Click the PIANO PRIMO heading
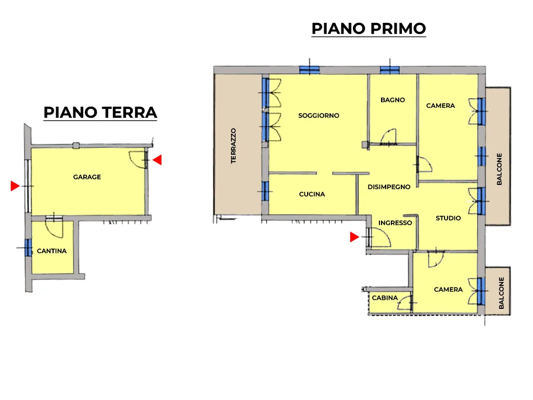(x=369, y=29)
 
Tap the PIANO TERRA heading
(x=100, y=113)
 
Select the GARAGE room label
(x=87, y=177)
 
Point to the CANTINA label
(x=52, y=251)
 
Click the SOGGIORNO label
(x=319, y=116)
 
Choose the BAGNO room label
(x=392, y=100)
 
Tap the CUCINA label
(x=312, y=194)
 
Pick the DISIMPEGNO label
(x=389, y=187)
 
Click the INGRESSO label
(x=395, y=223)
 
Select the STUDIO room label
(x=448, y=218)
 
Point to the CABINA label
(x=385, y=298)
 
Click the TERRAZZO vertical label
(x=233, y=146)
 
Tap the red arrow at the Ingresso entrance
(x=354, y=237)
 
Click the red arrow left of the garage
(x=15, y=186)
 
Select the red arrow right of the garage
(x=157, y=160)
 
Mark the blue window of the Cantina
(x=28, y=247)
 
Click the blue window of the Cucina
(x=265, y=191)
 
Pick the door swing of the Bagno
(x=388, y=137)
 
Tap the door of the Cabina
(x=405, y=303)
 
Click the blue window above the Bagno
(x=389, y=70)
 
